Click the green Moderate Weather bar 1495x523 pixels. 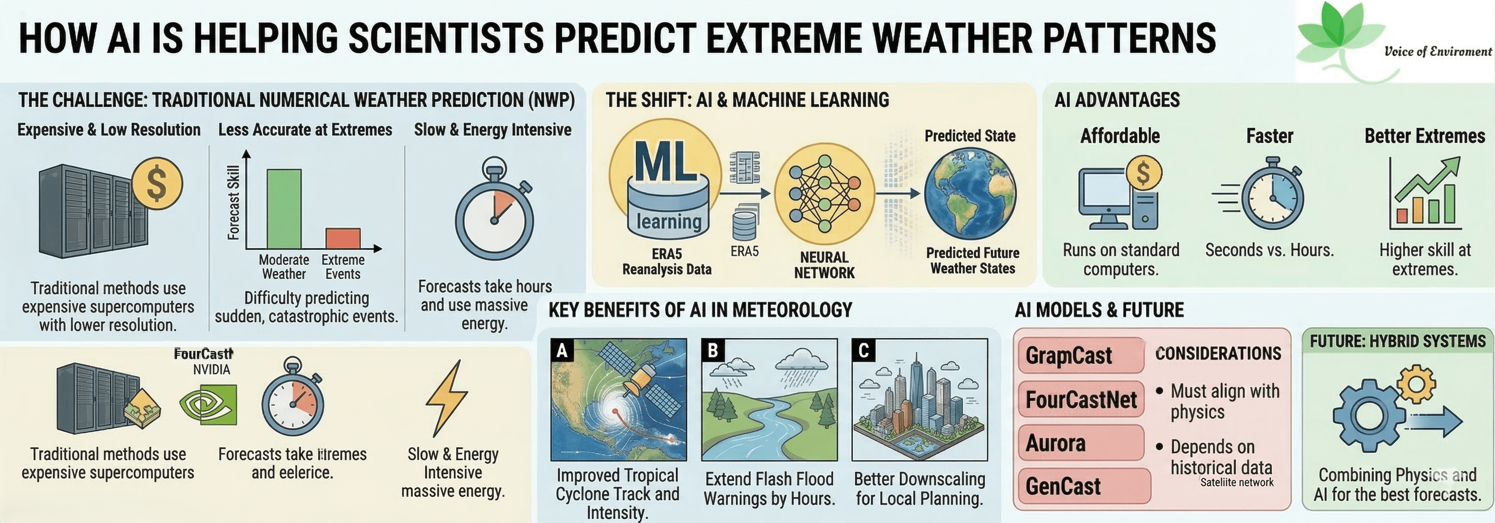(284, 209)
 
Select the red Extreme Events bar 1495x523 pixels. (343, 239)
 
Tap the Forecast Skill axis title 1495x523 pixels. (233, 203)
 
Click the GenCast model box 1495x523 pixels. (1084, 486)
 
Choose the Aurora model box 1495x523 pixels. (1081, 443)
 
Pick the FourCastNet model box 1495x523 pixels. (1081, 400)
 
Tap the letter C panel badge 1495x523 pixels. (864, 351)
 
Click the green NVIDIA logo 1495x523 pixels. (208, 405)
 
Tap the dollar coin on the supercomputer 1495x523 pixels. (157, 183)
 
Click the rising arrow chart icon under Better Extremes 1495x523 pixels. (1425, 193)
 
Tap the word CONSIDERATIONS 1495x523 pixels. (1218, 354)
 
